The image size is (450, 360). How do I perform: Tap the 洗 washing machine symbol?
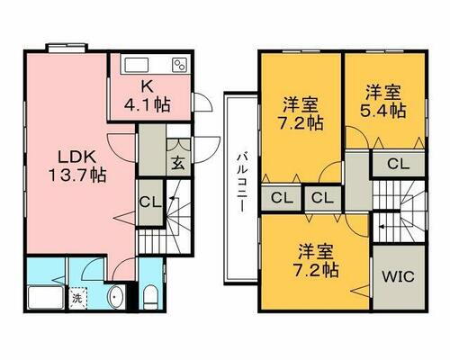point(78,296)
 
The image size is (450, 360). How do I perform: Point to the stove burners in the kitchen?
point(179,65)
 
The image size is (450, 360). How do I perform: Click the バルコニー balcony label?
point(242,181)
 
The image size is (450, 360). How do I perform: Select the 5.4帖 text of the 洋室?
point(385,111)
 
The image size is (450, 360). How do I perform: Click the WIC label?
point(396,276)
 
